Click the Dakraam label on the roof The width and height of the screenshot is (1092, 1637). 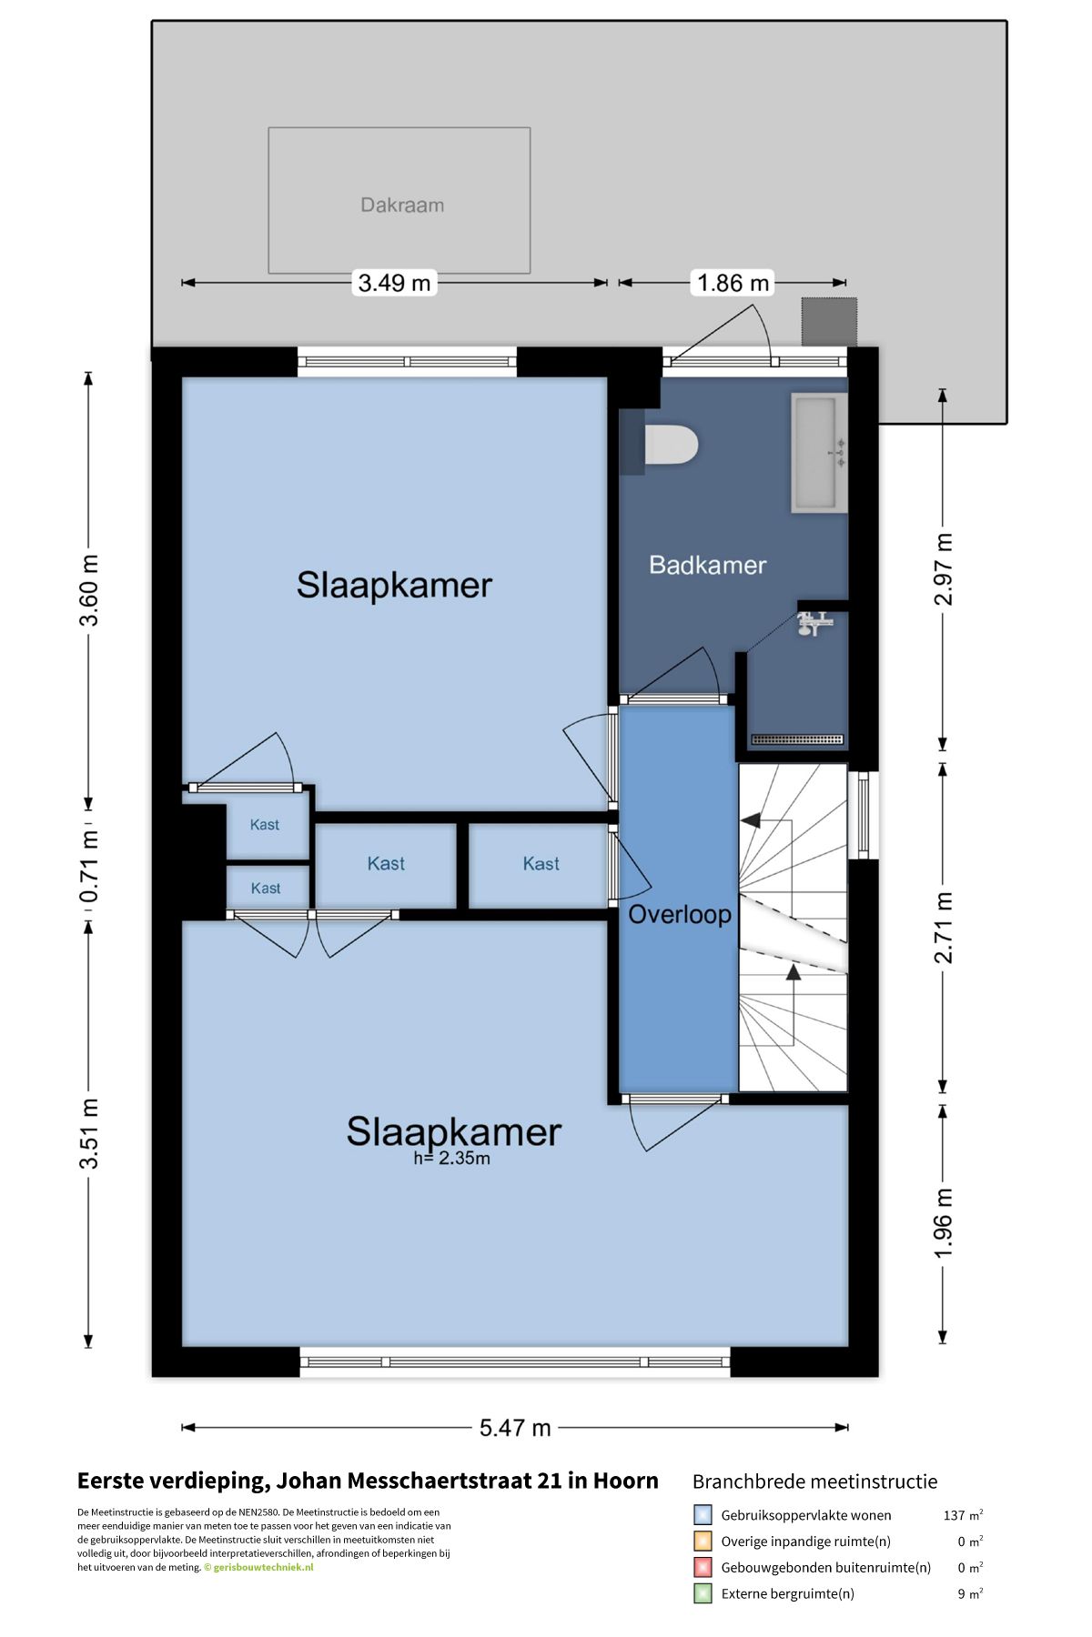click(402, 206)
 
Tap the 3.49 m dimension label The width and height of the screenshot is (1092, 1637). click(394, 283)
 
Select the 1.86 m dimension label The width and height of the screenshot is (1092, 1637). click(733, 283)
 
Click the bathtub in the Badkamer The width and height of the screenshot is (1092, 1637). click(820, 453)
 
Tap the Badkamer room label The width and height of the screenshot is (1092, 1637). click(707, 566)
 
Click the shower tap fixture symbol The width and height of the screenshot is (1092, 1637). click(814, 623)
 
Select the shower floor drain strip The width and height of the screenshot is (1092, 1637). click(797, 739)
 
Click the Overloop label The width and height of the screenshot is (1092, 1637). click(680, 914)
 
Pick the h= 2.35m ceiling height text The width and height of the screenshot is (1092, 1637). click(451, 1159)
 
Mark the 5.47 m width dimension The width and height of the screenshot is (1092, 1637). click(515, 1427)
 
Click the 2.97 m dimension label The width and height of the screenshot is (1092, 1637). click(943, 569)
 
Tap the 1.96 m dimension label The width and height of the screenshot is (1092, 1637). click(943, 1224)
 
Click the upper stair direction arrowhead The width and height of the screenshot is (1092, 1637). click(751, 820)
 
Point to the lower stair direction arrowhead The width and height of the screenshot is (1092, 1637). click(793, 972)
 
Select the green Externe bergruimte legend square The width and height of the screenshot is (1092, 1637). click(703, 1593)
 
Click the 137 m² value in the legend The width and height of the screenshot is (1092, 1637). click(963, 1515)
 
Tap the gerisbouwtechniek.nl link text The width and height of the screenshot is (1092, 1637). click(263, 1567)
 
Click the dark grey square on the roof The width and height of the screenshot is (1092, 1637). click(829, 322)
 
